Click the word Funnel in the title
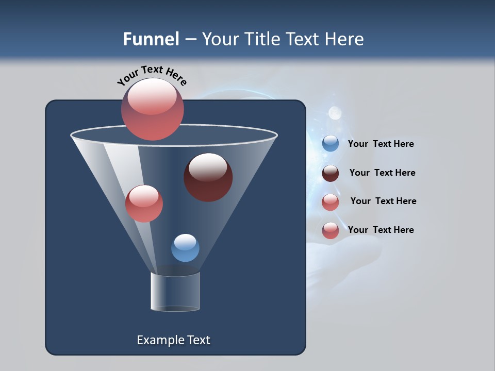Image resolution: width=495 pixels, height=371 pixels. (151, 39)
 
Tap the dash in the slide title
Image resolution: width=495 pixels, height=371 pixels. (190, 40)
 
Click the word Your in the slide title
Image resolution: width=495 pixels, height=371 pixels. (220, 39)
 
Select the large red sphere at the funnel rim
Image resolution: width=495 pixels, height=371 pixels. (153, 109)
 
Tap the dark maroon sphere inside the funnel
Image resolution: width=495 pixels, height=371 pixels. (208, 177)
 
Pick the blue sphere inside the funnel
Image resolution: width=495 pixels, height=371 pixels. (185, 248)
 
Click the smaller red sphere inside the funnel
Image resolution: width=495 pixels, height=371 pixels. (144, 204)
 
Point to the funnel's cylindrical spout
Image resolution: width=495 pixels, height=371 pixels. (175, 292)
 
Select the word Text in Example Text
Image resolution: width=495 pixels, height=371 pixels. (199, 340)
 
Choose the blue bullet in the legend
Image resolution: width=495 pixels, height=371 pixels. (331, 144)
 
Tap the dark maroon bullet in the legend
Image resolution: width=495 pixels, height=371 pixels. (331, 173)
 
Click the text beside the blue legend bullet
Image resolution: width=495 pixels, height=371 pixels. (381, 144)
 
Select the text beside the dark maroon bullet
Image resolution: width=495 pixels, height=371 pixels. (382, 173)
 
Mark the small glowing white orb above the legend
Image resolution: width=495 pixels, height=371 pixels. (335, 112)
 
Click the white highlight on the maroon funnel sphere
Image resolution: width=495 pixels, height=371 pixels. (208, 166)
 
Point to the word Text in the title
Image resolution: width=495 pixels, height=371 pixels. (305, 39)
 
